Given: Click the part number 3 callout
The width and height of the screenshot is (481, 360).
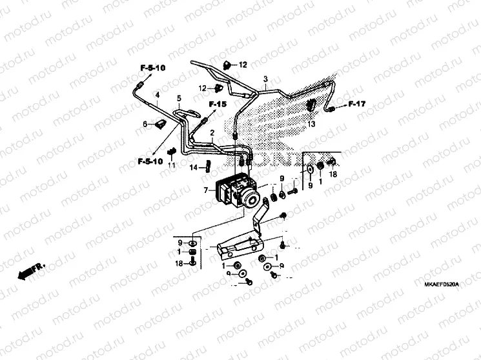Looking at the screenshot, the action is pyautogui.click(x=265, y=79).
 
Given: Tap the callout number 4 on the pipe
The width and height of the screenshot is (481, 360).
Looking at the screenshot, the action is pyautogui.click(x=156, y=94).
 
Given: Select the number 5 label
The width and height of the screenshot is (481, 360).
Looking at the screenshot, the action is pyautogui.click(x=179, y=98).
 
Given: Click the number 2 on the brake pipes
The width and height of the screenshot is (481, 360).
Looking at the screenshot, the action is pyautogui.click(x=212, y=133).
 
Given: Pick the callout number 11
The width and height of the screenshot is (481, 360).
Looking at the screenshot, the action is pyautogui.click(x=171, y=166).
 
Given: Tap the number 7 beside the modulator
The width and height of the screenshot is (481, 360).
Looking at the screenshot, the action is pyautogui.click(x=205, y=191).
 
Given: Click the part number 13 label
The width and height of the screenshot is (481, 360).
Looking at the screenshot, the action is pyautogui.click(x=311, y=123).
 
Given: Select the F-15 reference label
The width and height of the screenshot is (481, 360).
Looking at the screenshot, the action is pyautogui.click(x=218, y=105).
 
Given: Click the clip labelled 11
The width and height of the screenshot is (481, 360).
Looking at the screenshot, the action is pyautogui.click(x=171, y=152).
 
